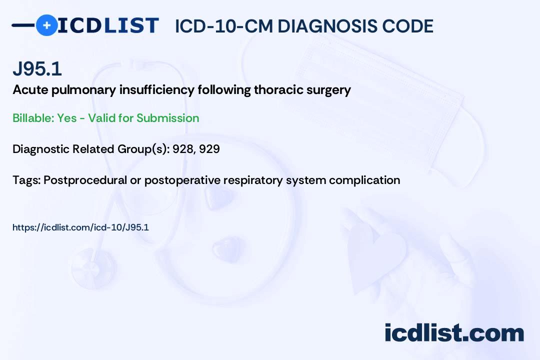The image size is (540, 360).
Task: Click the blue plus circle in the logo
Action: (46, 25)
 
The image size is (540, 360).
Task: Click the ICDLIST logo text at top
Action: (108, 25)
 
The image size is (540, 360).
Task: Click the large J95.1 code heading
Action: (37, 68)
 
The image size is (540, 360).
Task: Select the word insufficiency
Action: (157, 90)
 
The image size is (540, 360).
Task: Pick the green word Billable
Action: (33, 118)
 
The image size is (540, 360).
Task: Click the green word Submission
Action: (167, 118)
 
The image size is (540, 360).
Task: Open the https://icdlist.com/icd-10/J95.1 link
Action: (80, 227)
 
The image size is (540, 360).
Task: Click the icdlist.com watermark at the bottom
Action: (454, 333)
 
